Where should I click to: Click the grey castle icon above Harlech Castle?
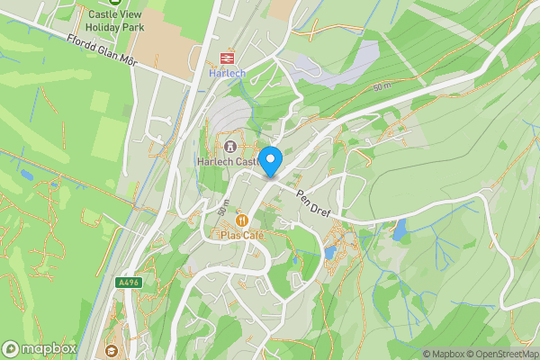[x=230, y=145]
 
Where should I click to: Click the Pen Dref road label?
[x=314, y=202]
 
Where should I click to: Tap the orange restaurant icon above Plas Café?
[x=241, y=220]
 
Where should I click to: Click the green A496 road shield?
[x=128, y=282]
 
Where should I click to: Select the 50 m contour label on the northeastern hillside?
[x=382, y=86]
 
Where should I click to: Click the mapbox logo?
[x=40, y=349]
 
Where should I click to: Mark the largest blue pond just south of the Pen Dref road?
[x=399, y=230]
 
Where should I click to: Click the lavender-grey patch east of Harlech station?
[x=337, y=67]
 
